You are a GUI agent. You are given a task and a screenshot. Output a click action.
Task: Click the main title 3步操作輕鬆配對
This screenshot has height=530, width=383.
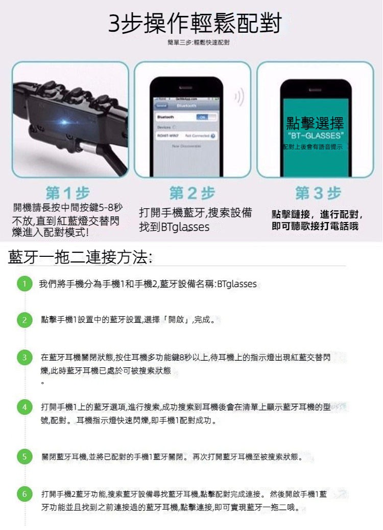[195, 24]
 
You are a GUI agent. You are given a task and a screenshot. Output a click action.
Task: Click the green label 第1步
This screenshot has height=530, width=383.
[67, 193]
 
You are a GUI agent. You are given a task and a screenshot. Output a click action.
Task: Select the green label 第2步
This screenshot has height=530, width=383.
[192, 193]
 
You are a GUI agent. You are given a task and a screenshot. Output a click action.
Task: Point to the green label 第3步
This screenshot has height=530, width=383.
[318, 193]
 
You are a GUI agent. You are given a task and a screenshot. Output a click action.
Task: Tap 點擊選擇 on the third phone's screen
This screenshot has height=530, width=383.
[315, 123]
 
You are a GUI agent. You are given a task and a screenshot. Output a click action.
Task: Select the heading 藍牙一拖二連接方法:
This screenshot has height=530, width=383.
[80, 256]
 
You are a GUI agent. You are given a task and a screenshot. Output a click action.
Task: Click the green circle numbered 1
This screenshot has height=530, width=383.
[22, 284]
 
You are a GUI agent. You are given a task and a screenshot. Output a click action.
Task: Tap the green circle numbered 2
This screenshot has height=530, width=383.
[22, 321]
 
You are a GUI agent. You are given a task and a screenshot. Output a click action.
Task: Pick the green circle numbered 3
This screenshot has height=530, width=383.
[22, 357]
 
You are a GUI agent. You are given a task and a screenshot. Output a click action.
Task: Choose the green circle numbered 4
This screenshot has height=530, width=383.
[22, 407]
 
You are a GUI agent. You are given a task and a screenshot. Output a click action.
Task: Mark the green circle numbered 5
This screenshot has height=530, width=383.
[22, 456]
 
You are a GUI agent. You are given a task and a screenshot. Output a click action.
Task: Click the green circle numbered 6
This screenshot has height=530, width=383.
[22, 494]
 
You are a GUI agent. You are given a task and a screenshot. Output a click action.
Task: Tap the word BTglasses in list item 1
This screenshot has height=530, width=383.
[236, 284]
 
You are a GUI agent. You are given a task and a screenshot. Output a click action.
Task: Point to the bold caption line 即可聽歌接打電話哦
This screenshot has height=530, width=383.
[315, 226]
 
